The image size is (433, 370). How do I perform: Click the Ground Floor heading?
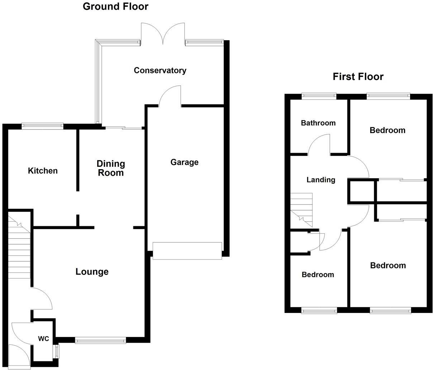point(115,6)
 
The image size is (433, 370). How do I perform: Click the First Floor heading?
point(358,77)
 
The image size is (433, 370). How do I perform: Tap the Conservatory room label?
point(160,70)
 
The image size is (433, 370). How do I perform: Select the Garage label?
point(184,162)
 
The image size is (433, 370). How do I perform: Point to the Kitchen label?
point(43,171)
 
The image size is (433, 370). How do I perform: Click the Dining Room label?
point(111,168)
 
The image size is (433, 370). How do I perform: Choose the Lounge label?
point(92,272)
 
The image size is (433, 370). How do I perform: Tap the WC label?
point(43,339)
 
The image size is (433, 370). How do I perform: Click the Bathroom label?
point(318,123)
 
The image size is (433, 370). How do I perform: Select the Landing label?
point(320,180)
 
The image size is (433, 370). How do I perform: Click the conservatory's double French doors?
point(163,34)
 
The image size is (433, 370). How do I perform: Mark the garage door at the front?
point(187,250)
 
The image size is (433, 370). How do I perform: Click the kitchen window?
point(42,125)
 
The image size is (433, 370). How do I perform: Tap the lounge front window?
point(100,340)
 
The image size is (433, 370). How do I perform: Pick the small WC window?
point(56,351)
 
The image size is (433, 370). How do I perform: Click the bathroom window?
point(319,95)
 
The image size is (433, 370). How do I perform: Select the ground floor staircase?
point(19,247)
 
